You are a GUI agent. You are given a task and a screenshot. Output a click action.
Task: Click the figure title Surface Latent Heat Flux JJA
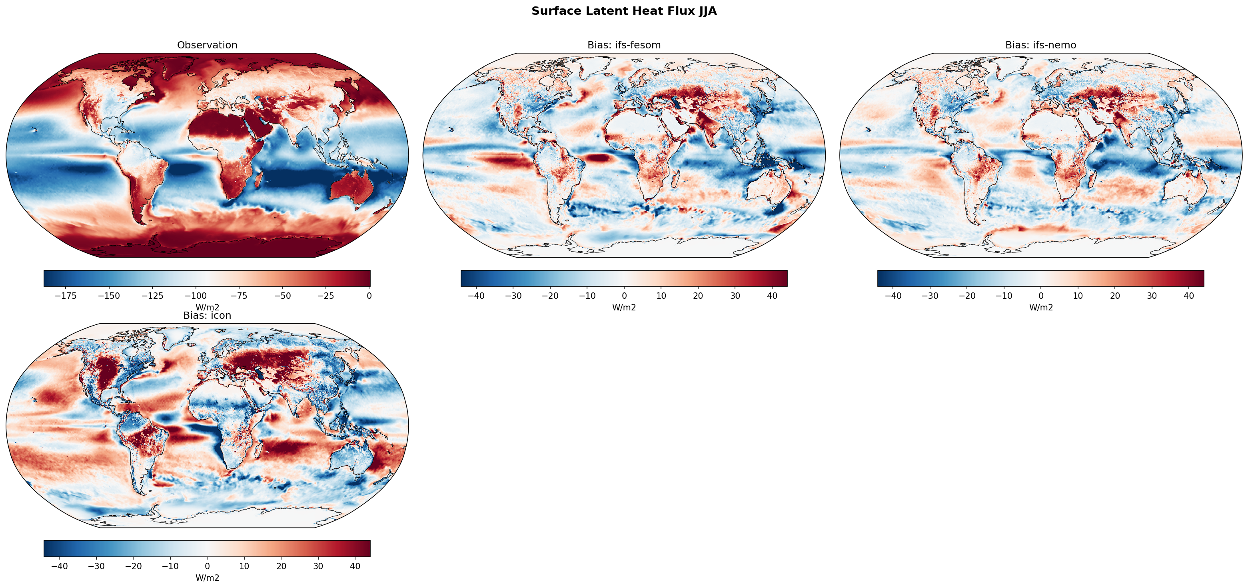coord(623,11)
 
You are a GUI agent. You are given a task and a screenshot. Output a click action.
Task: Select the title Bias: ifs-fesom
coord(623,45)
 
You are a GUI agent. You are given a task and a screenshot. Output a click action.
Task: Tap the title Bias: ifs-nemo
coord(1040,45)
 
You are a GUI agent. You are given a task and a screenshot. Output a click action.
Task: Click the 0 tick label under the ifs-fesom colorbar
coord(624,296)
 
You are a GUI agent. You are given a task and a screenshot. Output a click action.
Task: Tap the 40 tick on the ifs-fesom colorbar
coord(772,296)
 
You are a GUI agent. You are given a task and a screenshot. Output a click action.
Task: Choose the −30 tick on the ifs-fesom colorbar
coord(513,296)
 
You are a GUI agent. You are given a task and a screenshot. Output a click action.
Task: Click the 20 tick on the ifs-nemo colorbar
coord(1115,296)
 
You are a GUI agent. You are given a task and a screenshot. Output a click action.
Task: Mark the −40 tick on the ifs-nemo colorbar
coord(893,296)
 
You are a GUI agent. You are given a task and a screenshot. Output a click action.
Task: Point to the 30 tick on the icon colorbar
coord(318,566)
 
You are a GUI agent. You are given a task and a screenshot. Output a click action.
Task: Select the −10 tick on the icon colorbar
coord(170,566)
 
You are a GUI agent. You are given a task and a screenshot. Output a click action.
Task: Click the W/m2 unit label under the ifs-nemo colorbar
coord(1040,307)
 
